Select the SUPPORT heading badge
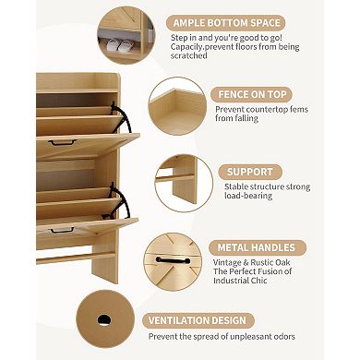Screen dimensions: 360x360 pos(251,171)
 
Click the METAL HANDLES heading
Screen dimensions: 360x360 pos(258,247)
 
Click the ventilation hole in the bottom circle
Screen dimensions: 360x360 pos(103,319)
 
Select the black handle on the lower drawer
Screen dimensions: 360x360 pos(62,230)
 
